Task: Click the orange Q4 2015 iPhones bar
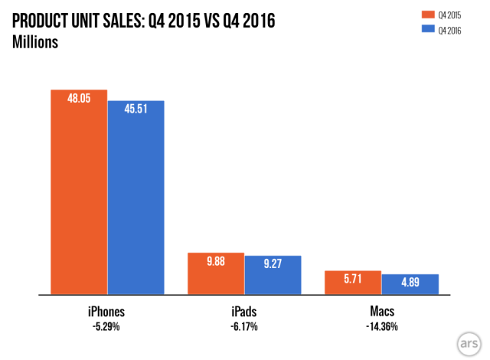tap(79, 191)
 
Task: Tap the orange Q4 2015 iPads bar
tap(216, 273)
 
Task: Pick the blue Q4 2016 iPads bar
tap(273, 275)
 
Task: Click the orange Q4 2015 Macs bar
tap(353, 283)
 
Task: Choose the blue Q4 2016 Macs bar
tap(410, 284)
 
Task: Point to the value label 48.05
tap(79, 100)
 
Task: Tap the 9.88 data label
tap(216, 262)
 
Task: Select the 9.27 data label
tap(273, 264)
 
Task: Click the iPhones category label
tap(106, 312)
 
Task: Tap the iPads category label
tap(244, 312)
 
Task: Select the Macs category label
tap(381, 312)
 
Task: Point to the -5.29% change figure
tap(106, 326)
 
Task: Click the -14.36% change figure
tap(381, 326)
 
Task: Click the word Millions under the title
tap(36, 41)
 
